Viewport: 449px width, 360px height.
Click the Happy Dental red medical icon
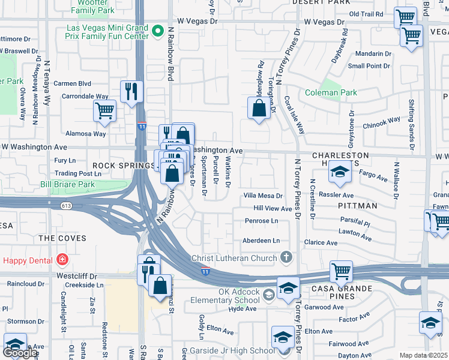coord(62,260)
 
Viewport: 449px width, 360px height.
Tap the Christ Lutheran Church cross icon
coord(287,258)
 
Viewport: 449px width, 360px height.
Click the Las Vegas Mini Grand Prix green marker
coord(158,31)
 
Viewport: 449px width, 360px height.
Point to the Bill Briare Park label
coord(68,184)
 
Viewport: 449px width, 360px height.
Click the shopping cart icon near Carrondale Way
coord(104,110)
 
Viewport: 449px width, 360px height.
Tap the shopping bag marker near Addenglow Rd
coord(259,108)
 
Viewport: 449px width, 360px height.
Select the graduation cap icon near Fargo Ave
coord(339,173)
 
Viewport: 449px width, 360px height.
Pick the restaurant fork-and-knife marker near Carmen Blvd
coord(131,91)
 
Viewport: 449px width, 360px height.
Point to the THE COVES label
coord(62,238)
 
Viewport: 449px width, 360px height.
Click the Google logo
coord(20,353)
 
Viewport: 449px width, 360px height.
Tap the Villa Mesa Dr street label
coord(263,196)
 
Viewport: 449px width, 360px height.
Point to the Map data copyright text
coord(424,355)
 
